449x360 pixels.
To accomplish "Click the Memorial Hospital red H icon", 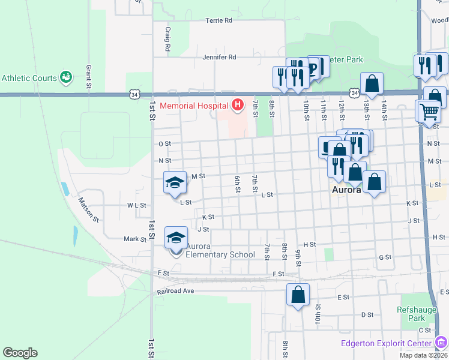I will [x=238, y=106].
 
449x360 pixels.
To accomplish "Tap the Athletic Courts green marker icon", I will [x=66, y=77].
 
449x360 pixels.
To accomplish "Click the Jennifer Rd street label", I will [x=219, y=57].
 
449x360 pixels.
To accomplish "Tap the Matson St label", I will [x=88, y=210].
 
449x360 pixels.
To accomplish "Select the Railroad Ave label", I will [x=176, y=292].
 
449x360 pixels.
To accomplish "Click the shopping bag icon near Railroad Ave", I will [x=298, y=295].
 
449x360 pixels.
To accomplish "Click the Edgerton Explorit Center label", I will [x=386, y=343].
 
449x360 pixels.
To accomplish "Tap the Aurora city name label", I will [x=346, y=190].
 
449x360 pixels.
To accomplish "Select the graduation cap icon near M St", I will [x=175, y=182].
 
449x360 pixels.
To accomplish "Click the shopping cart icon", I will [x=429, y=110].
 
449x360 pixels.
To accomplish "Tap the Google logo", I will [x=20, y=353].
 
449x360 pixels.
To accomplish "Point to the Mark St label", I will [x=135, y=239].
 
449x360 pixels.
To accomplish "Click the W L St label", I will [x=137, y=205].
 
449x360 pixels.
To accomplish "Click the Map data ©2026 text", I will [x=423, y=355].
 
